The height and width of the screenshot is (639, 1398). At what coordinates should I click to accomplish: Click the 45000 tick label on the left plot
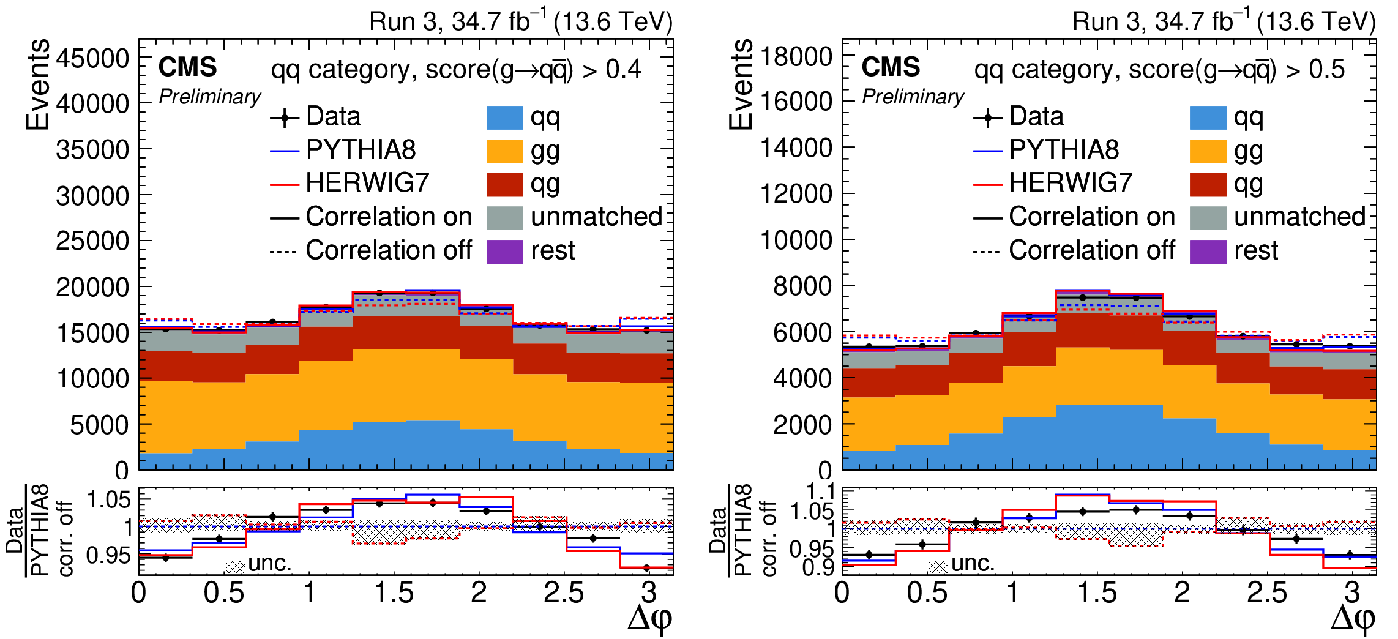point(92,59)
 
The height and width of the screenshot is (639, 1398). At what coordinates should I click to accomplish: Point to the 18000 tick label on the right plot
point(796,56)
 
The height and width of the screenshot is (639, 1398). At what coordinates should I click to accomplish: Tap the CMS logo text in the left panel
point(187,67)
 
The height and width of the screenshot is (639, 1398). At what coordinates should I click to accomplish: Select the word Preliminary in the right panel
point(913,97)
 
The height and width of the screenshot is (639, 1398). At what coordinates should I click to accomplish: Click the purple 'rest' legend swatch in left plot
point(504,251)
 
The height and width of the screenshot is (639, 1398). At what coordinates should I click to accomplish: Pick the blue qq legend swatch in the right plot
point(1208,118)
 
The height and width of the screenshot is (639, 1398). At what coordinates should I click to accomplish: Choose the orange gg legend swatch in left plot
point(504,151)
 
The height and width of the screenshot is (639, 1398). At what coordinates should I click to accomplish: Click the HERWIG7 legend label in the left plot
point(367,182)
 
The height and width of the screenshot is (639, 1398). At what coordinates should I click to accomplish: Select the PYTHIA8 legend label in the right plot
point(1064,149)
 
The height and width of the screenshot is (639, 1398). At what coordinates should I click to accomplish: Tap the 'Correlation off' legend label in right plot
point(1092,250)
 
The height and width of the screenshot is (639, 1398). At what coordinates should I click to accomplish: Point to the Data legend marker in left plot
point(285,117)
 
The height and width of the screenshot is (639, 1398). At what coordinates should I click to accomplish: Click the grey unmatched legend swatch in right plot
point(1208,217)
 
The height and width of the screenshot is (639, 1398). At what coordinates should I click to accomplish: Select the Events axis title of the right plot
point(741,84)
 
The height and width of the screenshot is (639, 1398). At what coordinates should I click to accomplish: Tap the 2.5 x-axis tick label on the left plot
point(563,592)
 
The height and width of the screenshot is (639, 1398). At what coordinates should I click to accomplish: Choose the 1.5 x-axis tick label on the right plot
point(1097,592)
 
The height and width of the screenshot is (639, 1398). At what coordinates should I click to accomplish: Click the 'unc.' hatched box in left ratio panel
point(235,567)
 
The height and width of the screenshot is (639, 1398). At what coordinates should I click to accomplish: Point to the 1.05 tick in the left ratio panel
point(109,499)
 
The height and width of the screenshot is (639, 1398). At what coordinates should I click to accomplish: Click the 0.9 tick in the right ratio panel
point(818,567)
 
